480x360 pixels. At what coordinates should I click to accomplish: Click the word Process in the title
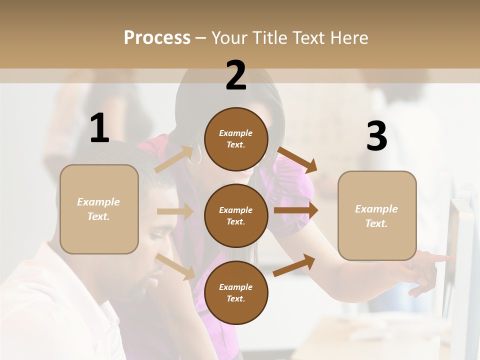pos(157,37)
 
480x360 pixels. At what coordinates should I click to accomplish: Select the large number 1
pos(99,128)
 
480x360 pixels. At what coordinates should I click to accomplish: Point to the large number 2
pos(236,75)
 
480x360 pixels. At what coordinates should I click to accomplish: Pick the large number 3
pos(376,136)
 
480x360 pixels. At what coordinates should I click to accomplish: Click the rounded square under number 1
pos(99,209)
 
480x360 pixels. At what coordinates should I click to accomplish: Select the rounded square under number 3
pos(377,215)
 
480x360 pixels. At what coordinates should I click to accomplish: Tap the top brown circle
pos(236,139)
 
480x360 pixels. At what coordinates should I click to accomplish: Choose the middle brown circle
pos(236,215)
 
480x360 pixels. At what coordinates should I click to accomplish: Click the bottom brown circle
pos(236,292)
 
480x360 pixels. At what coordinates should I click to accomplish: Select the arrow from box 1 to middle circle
pos(175,211)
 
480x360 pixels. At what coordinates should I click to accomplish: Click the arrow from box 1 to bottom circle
pos(175,266)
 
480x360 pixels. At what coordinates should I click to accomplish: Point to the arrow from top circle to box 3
pos(297,159)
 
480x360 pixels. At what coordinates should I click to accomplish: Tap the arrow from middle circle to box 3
pos(296,210)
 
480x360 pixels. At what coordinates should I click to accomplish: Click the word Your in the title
pos(230,37)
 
